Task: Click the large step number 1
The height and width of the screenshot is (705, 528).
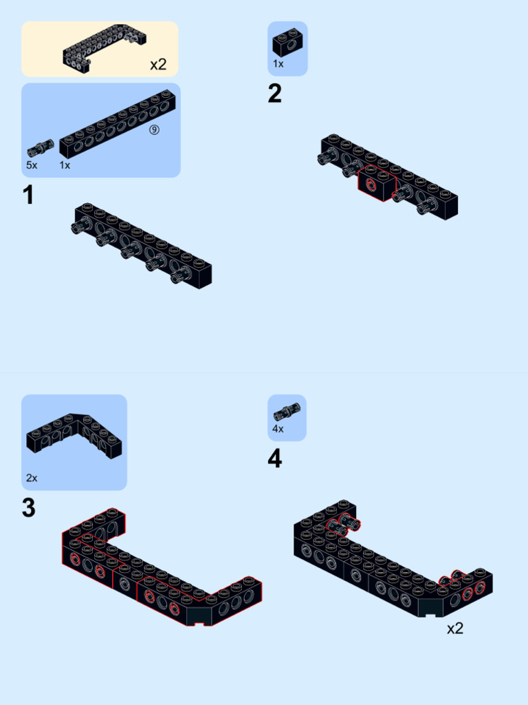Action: (x=27, y=196)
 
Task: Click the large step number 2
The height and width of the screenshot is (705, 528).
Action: (x=275, y=94)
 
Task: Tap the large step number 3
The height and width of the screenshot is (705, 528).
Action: (x=28, y=507)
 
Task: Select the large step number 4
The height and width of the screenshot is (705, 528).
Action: (x=275, y=459)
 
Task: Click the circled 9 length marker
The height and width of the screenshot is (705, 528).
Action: (x=154, y=130)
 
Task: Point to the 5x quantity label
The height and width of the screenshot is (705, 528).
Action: (x=32, y=165)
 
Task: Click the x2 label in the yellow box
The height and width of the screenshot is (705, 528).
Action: (x=158, y=64)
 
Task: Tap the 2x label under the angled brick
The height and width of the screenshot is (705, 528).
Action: (x=32, y=478)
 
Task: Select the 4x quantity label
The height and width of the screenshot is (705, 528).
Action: (x=278, y=429)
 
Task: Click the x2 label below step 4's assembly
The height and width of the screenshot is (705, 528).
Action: (x=455, y=628)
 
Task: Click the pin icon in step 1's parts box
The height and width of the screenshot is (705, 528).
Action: (x=41, y=149)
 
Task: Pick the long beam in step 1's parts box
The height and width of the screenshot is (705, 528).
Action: (x=118, y=123)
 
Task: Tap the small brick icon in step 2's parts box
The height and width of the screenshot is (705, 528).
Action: (x=288, y=43)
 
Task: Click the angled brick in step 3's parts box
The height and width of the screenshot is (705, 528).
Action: (x=74, y=435)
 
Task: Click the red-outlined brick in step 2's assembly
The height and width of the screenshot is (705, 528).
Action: (x=377, y=183)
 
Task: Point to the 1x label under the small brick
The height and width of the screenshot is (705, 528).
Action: (x=278, y=64)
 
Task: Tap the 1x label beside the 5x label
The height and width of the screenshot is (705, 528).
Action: (x=65, y=165)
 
